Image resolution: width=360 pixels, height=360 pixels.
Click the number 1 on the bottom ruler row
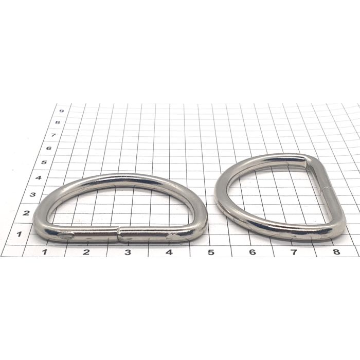tap(45, 252)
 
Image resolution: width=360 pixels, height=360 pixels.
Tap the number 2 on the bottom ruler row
tap(86, 252)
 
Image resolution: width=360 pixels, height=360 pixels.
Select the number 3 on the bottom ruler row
tap(128, 252)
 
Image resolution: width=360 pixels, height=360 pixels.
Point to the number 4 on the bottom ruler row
tap(169, 252)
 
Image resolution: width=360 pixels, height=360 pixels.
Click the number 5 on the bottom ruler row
tap(211, 252)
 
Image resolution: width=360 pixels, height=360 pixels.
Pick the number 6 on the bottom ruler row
tap(253, 252)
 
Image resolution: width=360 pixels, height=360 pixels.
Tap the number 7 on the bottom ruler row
tap(294, 252)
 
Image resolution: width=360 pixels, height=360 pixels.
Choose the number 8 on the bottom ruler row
tap(336, 251)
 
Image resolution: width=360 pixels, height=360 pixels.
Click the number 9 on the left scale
tap(61, 111)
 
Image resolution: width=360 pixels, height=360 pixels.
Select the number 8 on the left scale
tap(58, 122)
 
